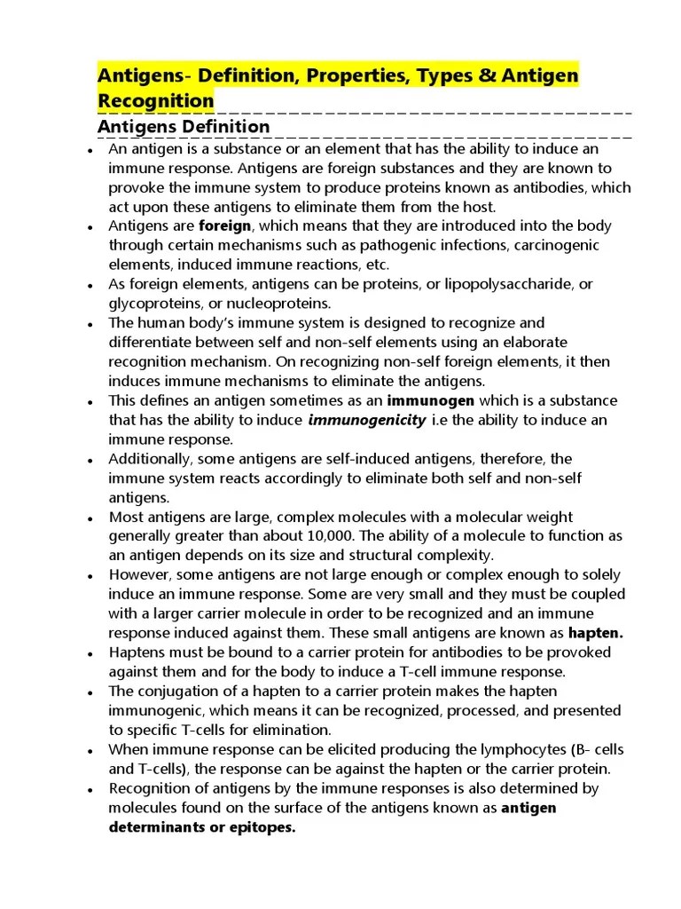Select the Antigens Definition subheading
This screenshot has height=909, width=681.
pos(184,127)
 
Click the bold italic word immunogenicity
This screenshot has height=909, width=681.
pos(366,420)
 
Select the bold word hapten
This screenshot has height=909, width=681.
pos(596,633)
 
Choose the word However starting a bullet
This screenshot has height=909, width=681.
pos(139,575)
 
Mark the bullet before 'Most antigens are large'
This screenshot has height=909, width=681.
pos(91,518)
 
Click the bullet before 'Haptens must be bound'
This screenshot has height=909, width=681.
pos(91,654)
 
